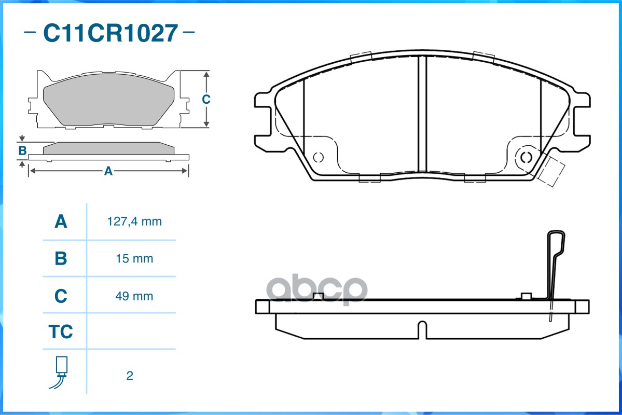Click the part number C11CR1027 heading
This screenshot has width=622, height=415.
tap(110, 33)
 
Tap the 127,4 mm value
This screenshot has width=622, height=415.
tap(134, 222)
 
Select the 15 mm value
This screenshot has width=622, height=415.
tap(134, 259)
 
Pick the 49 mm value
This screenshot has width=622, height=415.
tap(134, 296)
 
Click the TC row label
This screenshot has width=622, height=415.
tap(61, 331)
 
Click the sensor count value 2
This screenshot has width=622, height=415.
tap(130, 376)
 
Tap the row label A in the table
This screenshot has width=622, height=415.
tap(61, 222)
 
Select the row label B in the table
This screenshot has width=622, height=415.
tap(61, 259)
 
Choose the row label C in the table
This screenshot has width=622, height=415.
tap(61, 296)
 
